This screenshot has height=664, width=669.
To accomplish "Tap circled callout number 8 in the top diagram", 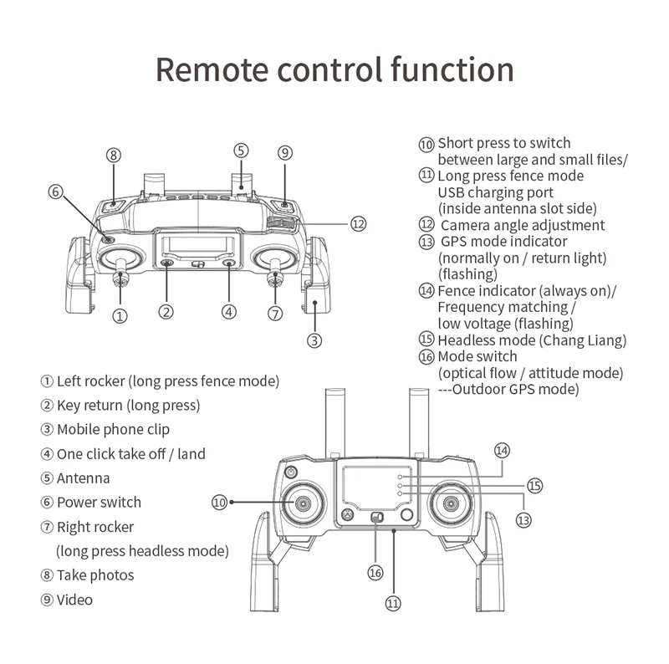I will point(114,155).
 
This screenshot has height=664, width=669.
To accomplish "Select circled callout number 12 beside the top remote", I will point(359,223).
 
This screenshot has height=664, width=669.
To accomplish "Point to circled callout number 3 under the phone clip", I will point(314,340).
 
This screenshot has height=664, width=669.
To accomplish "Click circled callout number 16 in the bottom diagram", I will point(375,572).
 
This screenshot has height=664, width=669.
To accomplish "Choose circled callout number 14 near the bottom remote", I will point(501,450).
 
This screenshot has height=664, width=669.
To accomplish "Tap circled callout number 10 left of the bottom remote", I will point(219,502).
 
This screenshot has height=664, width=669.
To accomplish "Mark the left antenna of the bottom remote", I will point(335,422).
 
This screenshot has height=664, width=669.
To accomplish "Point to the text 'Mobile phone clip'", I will point(113,430).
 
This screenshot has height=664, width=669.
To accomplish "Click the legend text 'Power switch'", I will point(99,503).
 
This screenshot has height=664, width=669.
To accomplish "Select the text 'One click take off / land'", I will point(130,454).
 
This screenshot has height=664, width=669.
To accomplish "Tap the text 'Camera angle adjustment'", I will point(523,225).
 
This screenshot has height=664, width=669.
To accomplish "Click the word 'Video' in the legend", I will point(74,600).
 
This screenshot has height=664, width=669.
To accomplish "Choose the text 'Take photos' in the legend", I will point(95,575).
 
